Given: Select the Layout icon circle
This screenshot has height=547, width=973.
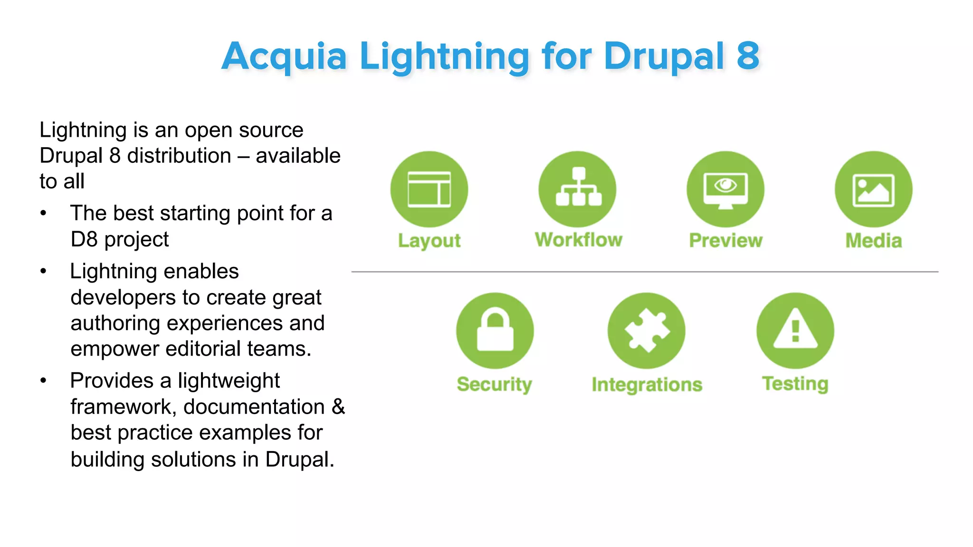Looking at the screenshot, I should (429, 189).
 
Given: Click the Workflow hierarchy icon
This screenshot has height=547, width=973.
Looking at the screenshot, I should (578, 188).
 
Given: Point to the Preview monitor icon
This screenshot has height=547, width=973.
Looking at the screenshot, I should (725, 189).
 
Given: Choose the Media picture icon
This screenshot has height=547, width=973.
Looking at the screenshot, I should (873, 189).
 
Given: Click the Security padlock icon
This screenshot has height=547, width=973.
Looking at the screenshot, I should (495, 330).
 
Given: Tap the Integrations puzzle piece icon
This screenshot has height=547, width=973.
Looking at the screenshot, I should (646, 330).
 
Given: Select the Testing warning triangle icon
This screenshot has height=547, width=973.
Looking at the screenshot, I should (795, 330).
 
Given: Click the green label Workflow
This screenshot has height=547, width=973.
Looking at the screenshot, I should (578, 240).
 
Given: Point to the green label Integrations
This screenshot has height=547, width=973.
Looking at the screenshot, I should (647, 385).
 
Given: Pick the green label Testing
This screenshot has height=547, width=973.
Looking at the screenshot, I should (795, 384).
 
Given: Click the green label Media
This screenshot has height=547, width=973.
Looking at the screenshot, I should (873, 241).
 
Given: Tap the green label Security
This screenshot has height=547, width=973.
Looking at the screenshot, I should (494, 384).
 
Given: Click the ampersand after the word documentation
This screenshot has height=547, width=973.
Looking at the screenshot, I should (338, 407).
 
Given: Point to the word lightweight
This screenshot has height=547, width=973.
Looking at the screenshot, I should (229, 381).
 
